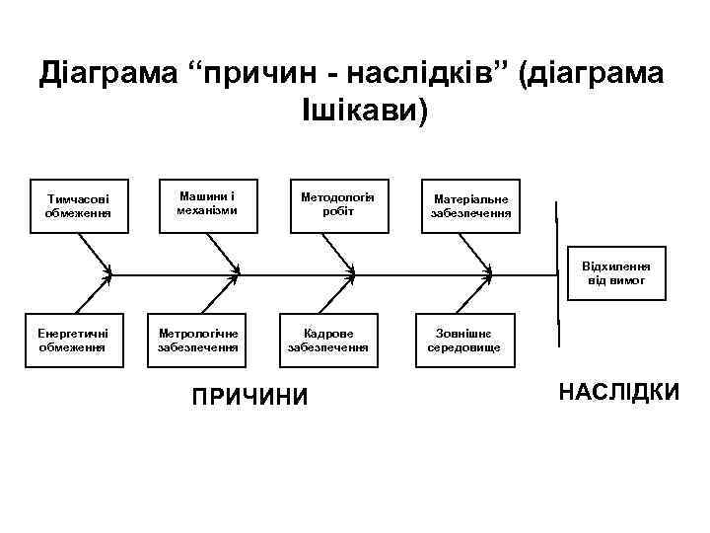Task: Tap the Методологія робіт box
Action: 338,204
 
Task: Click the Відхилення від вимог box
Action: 615,273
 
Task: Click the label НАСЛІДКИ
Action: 618,393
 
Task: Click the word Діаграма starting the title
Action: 103,73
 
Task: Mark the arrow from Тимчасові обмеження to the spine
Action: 97,254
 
